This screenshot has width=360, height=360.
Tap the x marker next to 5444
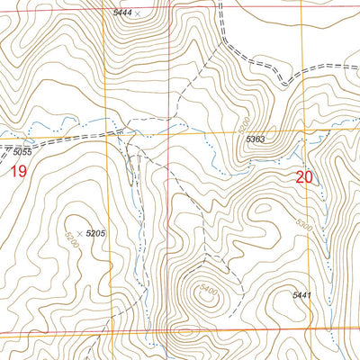coord(137,13)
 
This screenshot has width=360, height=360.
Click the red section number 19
coord(17,171)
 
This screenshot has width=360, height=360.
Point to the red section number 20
coord(304,177)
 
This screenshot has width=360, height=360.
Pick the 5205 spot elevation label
coord(96,233)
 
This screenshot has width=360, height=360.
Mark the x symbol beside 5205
coord(79,233)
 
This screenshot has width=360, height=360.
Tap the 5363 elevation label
coord(255,139)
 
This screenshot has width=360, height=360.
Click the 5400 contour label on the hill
coord(208,293)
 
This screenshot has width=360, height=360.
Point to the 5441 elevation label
coord(305,295)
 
